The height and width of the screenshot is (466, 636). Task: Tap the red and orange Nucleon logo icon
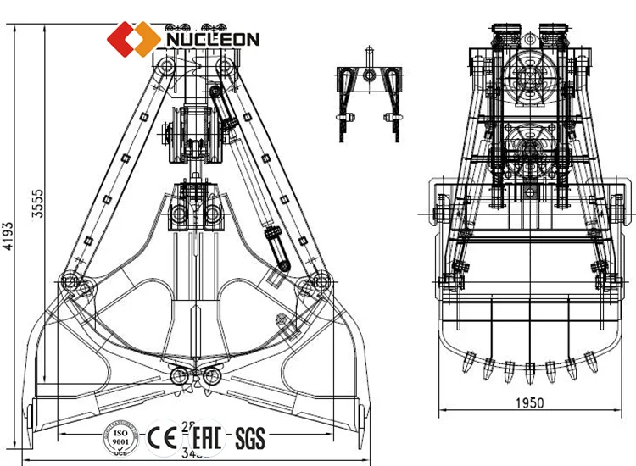(132, 37)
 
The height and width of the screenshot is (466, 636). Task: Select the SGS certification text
(248, 438)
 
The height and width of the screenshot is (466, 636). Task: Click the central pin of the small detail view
(370, 75)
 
